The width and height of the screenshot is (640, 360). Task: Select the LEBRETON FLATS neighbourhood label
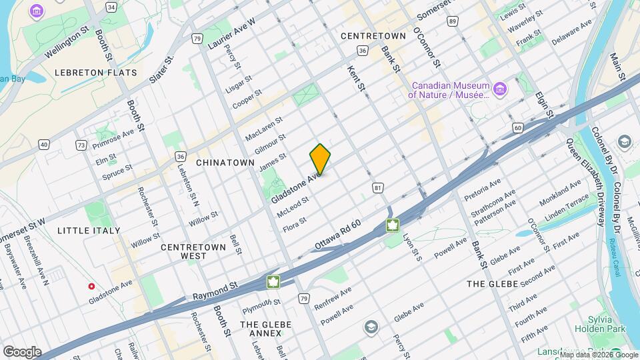pos(96,73)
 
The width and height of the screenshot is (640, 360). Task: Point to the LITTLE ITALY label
pos(89,231)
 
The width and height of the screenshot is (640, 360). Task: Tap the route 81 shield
pos(378,189)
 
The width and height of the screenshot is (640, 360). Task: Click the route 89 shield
pos(453,22)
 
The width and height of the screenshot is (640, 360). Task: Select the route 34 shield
pos(111,7)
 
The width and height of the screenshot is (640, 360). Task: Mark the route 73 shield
pos(81,145)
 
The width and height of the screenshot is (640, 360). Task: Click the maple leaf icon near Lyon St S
pos(393,225)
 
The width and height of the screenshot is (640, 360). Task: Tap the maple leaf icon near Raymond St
pos(273,281)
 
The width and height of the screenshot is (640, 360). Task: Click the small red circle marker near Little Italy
pos(91,286)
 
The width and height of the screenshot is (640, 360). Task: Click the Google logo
pos(22,351)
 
